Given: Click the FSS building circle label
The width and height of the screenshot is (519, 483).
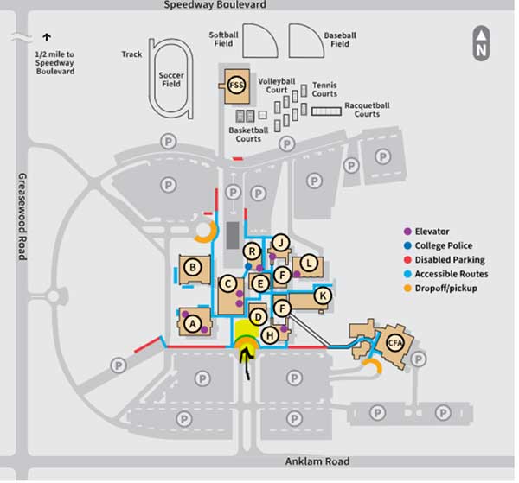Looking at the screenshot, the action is (236, 86).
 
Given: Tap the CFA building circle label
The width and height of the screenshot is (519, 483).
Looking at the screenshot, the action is (395, 343).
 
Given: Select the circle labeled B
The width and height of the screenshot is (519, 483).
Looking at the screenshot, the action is (193, 267).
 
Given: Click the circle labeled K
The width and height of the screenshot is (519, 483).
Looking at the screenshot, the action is (323, 296).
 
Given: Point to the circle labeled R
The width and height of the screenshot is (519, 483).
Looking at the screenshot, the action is (252, 251).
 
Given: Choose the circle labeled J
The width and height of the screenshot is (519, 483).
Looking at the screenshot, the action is (280, 243).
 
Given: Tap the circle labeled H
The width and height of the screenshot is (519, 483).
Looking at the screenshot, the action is (270, 335).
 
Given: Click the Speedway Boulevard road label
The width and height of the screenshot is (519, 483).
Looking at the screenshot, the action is (215, 4).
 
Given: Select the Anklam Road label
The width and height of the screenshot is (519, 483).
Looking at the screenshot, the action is (317, 461).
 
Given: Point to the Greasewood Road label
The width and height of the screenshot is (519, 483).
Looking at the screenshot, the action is (22, 217).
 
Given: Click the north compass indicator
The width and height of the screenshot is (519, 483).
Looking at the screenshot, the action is (481, 43).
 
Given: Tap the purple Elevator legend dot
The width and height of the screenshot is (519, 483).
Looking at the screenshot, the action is (407, 232).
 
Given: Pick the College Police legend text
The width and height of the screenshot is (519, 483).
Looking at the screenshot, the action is (444, 245).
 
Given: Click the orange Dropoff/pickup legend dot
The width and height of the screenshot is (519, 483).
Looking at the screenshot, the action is (407, 289).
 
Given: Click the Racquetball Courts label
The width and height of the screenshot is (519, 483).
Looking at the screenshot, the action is (367, 110).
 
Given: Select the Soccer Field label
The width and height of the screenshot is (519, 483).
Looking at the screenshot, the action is (171, 79).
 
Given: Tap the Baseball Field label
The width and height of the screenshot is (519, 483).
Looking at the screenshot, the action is (340, 40).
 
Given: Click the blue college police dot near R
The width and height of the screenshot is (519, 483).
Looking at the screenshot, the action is (248, 266).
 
